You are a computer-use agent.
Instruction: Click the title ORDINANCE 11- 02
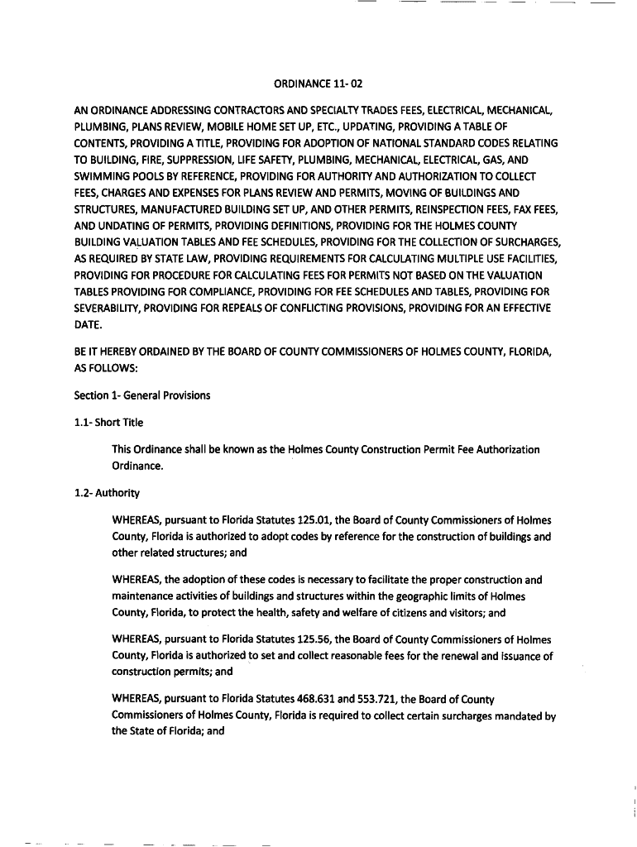point(318,83)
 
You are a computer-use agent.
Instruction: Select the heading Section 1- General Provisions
point(142,395)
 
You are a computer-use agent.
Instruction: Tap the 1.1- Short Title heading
point(108,423)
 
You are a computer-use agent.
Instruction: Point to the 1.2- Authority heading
point(107,493)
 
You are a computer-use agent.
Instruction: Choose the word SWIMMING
point(103,175)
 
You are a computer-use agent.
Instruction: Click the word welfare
point(358,613)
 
